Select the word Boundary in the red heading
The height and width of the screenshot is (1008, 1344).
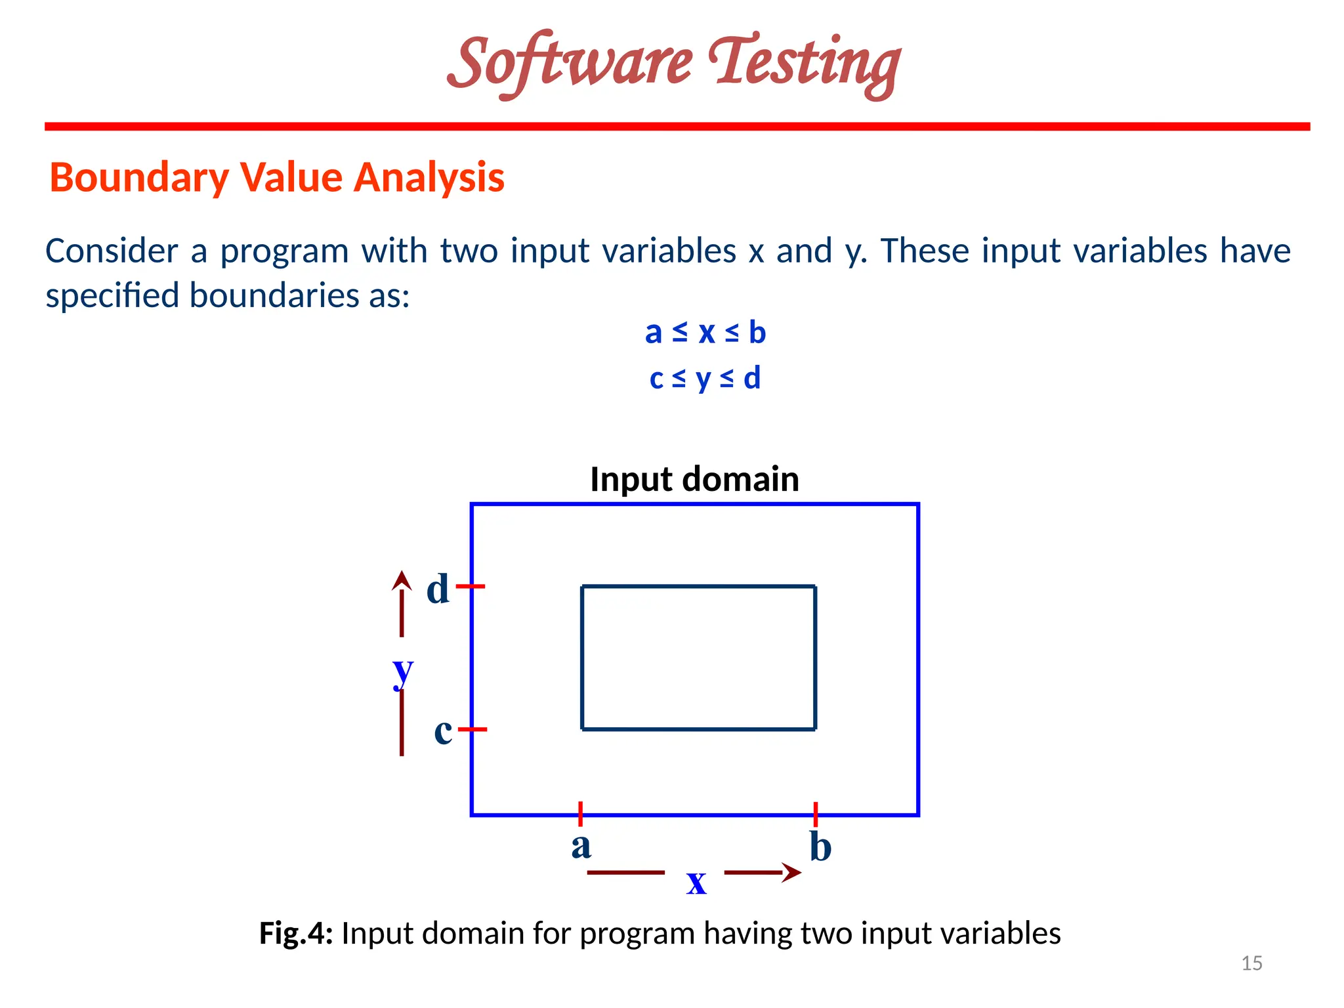[x=138, y=178]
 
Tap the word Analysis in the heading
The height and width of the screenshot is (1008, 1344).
[x=429, y=178]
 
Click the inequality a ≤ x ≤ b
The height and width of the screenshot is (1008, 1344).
[x=705, y=332]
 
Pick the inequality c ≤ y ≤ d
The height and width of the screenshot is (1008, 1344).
[x=705, y=378]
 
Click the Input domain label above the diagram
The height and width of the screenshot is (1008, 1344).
[x=694, y=479]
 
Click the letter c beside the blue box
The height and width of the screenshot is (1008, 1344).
[x=443, y=730]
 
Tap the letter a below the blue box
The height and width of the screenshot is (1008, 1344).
[x=581, y=846]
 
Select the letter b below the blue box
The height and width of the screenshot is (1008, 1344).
[x=820, y=847]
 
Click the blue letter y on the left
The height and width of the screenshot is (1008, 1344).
[x=403, y=671]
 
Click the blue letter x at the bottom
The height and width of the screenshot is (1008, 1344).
[x=696, y=881]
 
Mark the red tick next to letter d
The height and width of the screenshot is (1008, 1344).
[x=471, y=586]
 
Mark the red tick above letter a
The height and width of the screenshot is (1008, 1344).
[x=581, y=814]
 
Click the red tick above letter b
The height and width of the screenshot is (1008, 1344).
[x=816, y=814]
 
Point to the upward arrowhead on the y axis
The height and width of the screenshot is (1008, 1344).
[x=402, y=580]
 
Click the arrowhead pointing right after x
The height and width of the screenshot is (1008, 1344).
[x=792, y=872]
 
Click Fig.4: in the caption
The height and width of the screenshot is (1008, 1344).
[x=296, y=933]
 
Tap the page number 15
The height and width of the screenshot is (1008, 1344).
[x=1251, y=963]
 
